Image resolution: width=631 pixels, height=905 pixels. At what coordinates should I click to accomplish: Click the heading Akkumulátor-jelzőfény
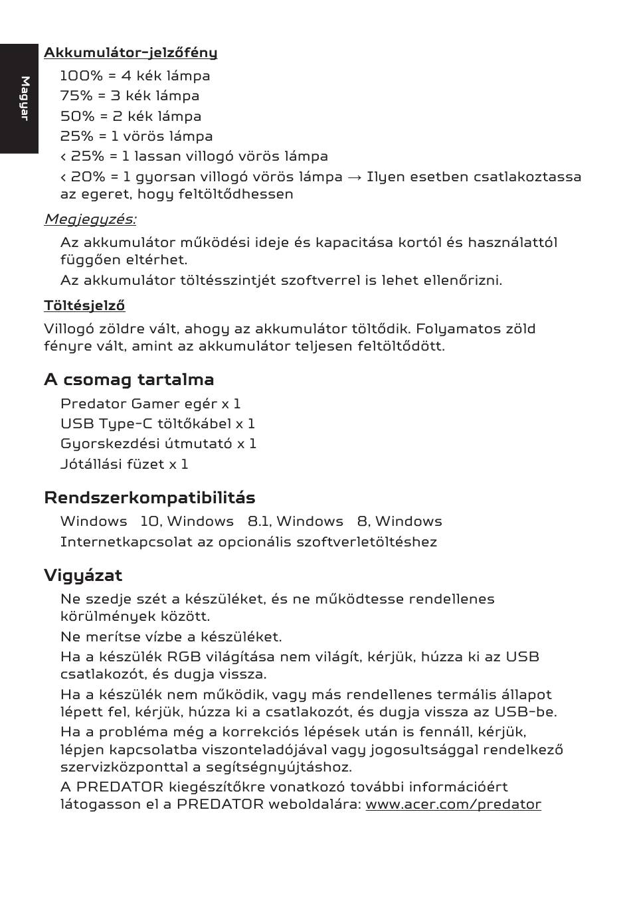coord(130,52)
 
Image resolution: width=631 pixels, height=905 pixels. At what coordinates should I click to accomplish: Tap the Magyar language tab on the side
coord(25,98)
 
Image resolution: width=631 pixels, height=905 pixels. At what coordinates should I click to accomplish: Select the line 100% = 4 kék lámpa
coord(135,76)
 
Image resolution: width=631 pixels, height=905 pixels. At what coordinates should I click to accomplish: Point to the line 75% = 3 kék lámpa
coord(130,96)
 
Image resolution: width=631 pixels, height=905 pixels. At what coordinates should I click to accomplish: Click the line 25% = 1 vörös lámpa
coord(136,136)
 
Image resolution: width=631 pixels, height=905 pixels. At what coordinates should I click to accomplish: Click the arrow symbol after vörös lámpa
coord(355,177)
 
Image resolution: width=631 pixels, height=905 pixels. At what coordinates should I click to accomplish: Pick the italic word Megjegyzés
coord(90,219)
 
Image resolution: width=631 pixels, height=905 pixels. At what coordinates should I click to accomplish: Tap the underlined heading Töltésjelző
coord(84,305)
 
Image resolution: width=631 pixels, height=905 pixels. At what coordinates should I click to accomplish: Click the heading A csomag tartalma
coord(129,380)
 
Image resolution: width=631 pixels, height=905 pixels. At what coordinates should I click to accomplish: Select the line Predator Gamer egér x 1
coord(150,404)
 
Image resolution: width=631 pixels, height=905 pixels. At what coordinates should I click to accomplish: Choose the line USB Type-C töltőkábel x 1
coord(157,424)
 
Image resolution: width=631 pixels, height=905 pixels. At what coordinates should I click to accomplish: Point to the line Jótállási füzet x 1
coord(124,464)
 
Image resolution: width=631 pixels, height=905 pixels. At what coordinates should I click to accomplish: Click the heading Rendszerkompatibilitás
coord(149,498)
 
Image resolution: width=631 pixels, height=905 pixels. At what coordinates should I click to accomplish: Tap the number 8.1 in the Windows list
coord(259,522)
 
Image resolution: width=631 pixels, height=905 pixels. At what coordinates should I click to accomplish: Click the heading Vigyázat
coord(83,575)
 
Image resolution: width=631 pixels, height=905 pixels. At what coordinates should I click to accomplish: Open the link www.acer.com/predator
coord(453,805)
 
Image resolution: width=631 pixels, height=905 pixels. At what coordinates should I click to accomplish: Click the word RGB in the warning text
coord(183,657)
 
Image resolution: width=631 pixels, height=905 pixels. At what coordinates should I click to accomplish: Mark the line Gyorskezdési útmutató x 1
coord(158,444)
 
